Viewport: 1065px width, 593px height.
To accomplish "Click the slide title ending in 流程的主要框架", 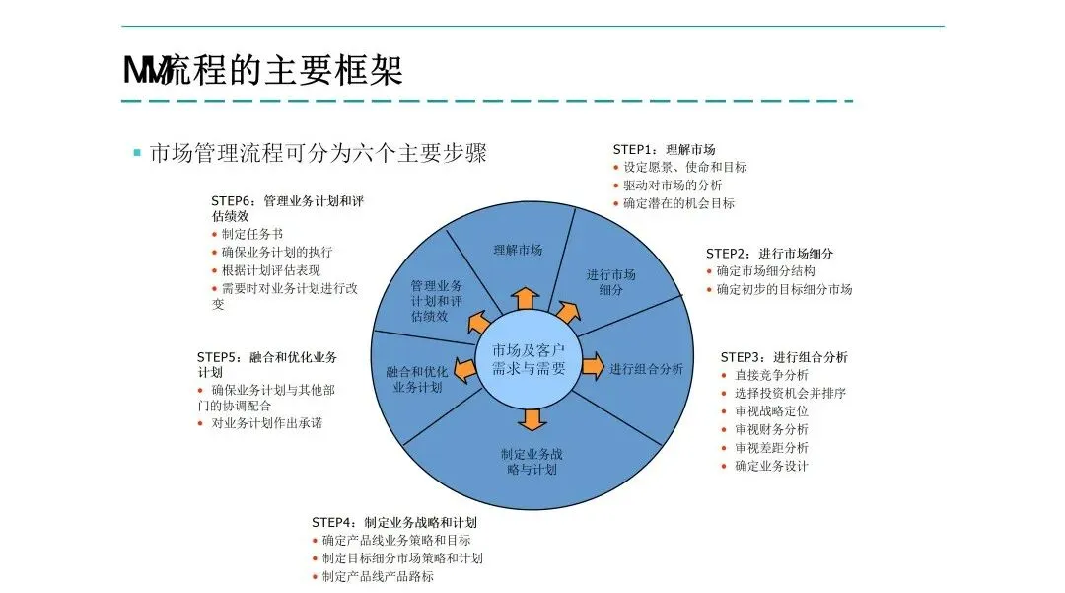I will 263,71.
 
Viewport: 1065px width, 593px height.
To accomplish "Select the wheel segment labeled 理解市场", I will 518,249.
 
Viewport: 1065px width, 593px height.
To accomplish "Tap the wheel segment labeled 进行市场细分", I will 611,281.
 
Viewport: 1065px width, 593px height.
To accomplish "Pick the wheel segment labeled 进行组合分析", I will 646,369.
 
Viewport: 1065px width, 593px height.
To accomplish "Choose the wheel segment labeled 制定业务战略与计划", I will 532,462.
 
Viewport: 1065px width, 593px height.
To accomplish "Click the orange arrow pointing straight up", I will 525,299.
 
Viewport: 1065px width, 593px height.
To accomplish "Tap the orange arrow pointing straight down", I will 532,418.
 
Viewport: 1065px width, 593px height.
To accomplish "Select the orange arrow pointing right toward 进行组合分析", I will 591,368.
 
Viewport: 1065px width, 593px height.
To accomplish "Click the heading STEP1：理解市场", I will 664,149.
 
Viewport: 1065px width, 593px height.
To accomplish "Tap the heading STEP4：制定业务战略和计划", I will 394,522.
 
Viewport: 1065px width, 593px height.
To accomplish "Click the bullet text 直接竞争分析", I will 771,375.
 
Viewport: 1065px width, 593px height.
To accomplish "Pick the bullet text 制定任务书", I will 252,234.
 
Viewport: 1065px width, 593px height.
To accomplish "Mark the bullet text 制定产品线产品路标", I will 378,576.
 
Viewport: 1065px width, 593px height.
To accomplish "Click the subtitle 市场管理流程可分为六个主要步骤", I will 318,153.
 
